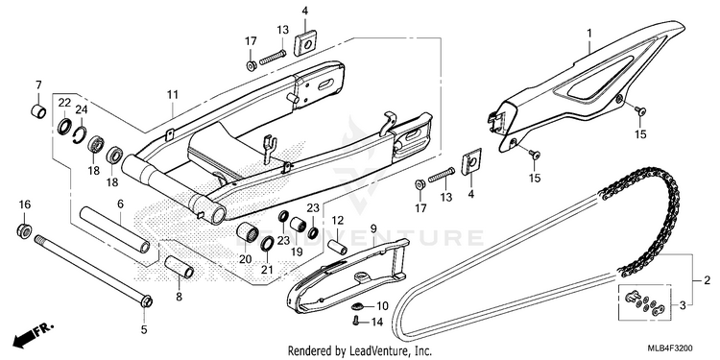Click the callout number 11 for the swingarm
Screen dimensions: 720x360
coord(172,95)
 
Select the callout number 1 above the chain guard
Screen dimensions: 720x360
coord(589,33)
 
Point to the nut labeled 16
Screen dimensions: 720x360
coord(24,230)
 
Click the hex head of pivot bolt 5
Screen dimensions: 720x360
coord(147,302)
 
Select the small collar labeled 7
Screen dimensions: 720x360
coord(38,111)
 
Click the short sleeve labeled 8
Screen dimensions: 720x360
coord(180,267)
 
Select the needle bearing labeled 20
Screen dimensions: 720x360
coord(246,233)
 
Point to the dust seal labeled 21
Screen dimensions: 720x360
coord(267,244)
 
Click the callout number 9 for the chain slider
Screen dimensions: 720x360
coord(372,228)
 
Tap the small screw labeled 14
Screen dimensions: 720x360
coord(355,322)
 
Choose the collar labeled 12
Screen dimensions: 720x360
coord(338,247)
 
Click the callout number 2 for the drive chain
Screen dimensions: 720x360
coord(708,279)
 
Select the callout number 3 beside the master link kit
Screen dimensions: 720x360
coord(683,305)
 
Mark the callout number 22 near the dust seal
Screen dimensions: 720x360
coord(64,104)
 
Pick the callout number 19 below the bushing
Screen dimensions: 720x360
coord(297,252)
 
